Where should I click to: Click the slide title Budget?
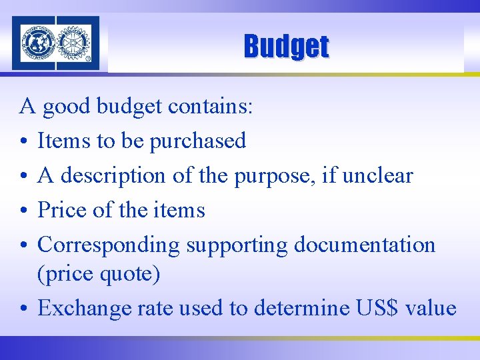[x=286, y=47]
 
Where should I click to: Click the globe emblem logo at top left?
[x=38, y=43]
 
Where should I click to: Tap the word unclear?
[x=377, y=175]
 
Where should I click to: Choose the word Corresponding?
[x=109, y=245]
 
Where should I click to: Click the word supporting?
[x=237, y=245]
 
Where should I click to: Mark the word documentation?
[x=365, y=245]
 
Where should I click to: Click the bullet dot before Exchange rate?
[x=24, y=309]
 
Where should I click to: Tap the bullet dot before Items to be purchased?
[x=24, y=141]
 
